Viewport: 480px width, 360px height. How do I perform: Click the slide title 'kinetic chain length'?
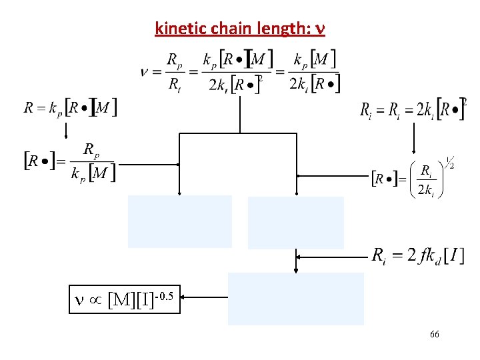click(x=240, y=29)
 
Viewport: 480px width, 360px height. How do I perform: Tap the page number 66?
click(x=434, y=334)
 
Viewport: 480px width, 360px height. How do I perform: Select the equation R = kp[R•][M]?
click(x=70, y=107)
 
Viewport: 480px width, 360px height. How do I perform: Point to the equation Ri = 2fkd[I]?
click(x=417, y=255)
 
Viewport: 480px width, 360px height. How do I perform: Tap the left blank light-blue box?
click(x=180, y=221)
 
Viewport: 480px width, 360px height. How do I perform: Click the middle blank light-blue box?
click(x=296, y=223)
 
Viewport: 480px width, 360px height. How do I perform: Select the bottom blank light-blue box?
click(x=296, y=299)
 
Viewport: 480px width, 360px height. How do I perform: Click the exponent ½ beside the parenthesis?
click(x=449, y=162)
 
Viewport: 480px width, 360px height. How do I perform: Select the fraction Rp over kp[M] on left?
click(x=92, y=161)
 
